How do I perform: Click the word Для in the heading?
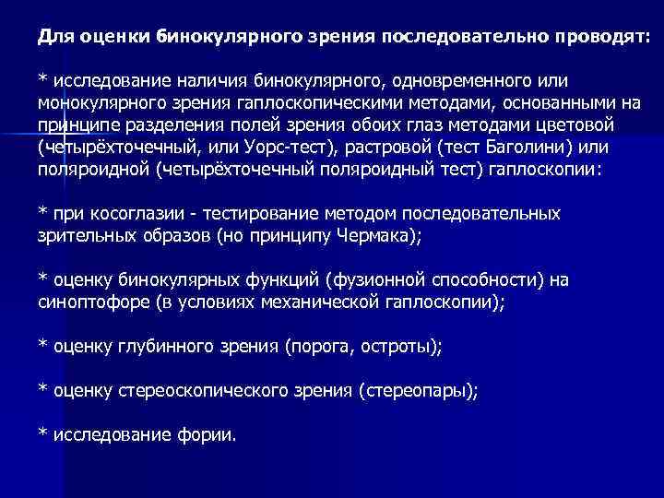coord(55,35)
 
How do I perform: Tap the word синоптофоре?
coord(89,302)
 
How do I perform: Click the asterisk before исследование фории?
coord(42,434)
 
